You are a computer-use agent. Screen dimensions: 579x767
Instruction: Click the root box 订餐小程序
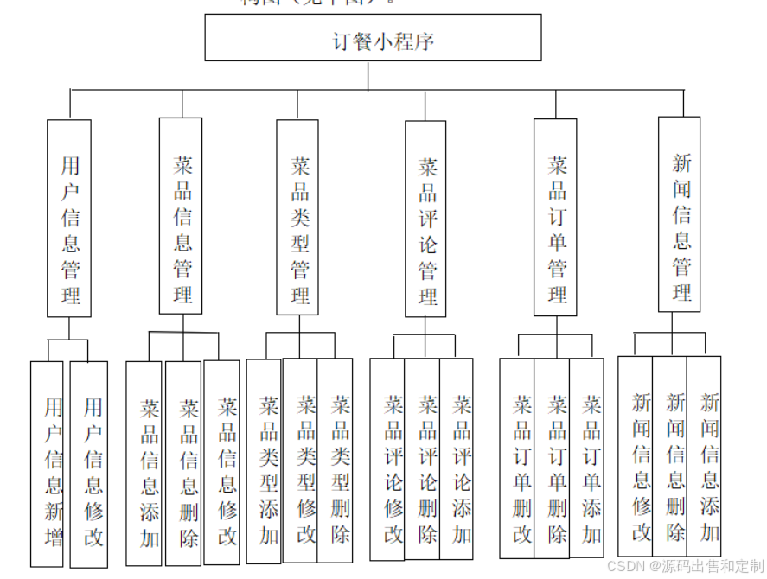click(x=373, y=38)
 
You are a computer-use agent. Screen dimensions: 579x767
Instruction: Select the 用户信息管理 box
click(x=69, y=218)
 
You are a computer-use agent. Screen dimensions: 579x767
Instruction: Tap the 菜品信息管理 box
click(x=181, y=216)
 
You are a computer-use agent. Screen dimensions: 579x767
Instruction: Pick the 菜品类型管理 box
click(x=297, y=217)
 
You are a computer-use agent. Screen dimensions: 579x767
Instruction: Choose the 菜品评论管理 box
click(x=425, y=219)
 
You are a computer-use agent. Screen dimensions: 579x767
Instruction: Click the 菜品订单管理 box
click(x=555, y=217)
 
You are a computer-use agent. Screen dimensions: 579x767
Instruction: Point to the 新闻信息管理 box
click(x=680, y=214)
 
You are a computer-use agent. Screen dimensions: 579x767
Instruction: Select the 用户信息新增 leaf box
click(x=48, y=464)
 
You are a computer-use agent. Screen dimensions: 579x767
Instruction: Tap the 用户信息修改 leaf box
click(x=89, y=464)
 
